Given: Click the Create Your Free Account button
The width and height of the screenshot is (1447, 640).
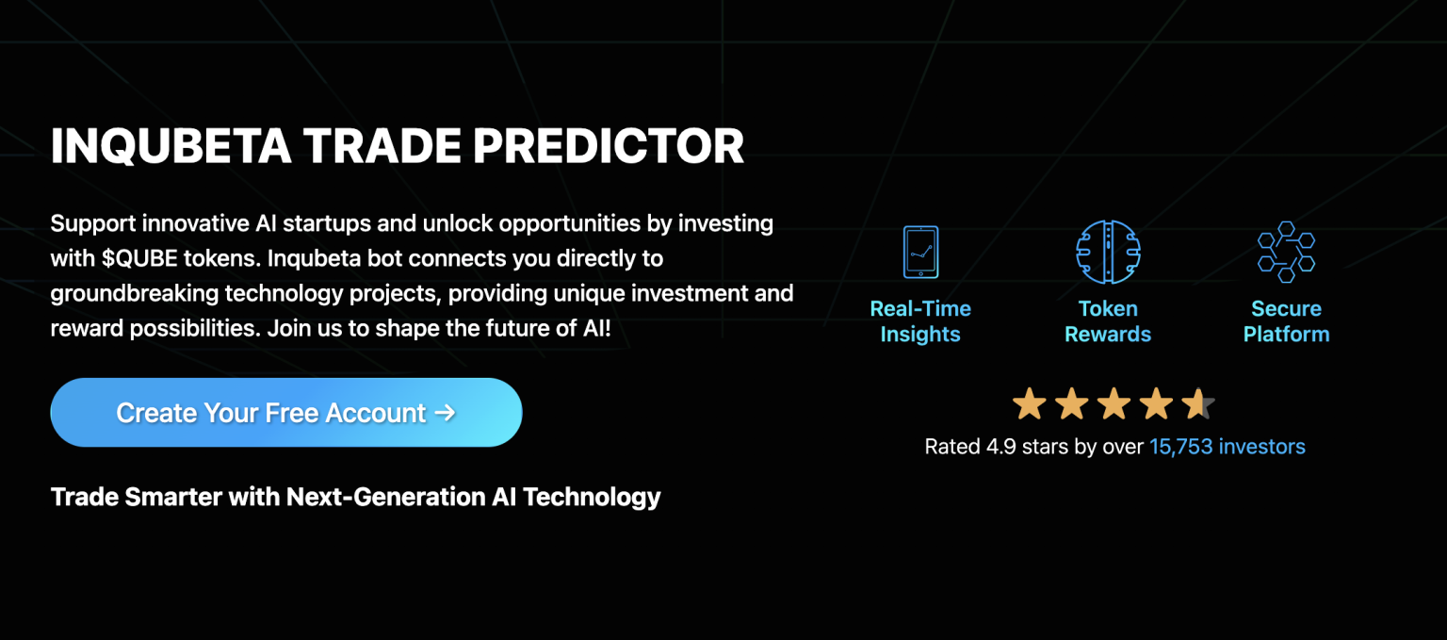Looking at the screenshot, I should [x=285, y=413].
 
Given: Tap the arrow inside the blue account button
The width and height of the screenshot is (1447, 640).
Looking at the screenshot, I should [x=445, y=413].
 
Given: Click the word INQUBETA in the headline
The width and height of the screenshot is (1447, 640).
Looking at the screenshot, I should [x=171, y=146].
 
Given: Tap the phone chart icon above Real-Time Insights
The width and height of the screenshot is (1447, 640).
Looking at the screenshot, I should [x=920, y=252].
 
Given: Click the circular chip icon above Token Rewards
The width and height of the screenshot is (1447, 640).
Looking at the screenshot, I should [x=1108, y=252].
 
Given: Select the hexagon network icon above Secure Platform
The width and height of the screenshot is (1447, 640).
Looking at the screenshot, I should [x=1286, y=252].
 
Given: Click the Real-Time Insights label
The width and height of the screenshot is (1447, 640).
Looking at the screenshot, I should [x=920, y=321].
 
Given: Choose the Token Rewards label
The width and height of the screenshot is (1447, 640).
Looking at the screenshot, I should [x=1108, y=321].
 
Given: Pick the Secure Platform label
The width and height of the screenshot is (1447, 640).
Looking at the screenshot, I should [x=1286, y=321].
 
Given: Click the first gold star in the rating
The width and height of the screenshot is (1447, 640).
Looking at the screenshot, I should [x=1029, y=404].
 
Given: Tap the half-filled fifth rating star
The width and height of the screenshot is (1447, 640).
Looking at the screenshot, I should [x=1198, y=404].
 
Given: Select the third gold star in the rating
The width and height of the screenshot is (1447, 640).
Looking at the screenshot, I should [x=1114, y=404].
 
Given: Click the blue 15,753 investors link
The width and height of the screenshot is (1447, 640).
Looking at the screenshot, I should [x=1227, y=447].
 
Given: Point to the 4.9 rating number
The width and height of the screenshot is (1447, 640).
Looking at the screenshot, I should [x=1000, y=447].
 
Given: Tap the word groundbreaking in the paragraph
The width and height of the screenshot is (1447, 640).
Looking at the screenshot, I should [x=134, y=294].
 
